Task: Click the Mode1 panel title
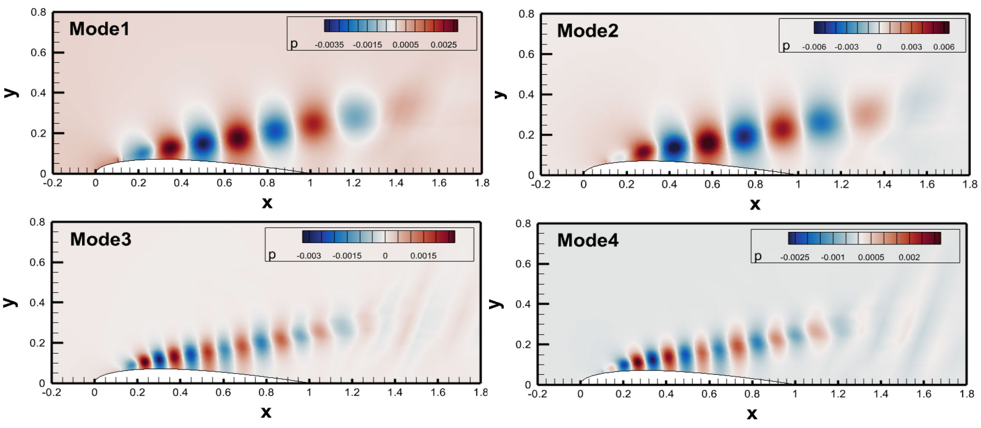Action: coord(99,29)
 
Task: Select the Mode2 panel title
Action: coord(588,31)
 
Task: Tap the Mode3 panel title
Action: coord(100,239)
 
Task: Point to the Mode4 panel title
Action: coord(588,241)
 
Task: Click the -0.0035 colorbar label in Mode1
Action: coord(329,45)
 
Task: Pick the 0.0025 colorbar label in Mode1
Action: coord(444,45)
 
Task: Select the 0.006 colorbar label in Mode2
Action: coord(944,47)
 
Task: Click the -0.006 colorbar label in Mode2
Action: coord(814,47)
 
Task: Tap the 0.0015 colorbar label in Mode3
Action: coord(423,256)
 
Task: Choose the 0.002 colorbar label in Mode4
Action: coord(909,257)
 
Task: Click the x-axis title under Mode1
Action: coord(267,202)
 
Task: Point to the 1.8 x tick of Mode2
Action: coord(969,184)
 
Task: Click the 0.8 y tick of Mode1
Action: coord(39,12)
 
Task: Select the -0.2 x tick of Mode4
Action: coord(537,394)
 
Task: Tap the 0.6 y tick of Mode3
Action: coord(37,262)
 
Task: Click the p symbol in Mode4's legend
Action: coord(757,257)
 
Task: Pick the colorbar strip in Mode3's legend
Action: coord(378,237)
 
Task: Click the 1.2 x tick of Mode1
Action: coord(353,183)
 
